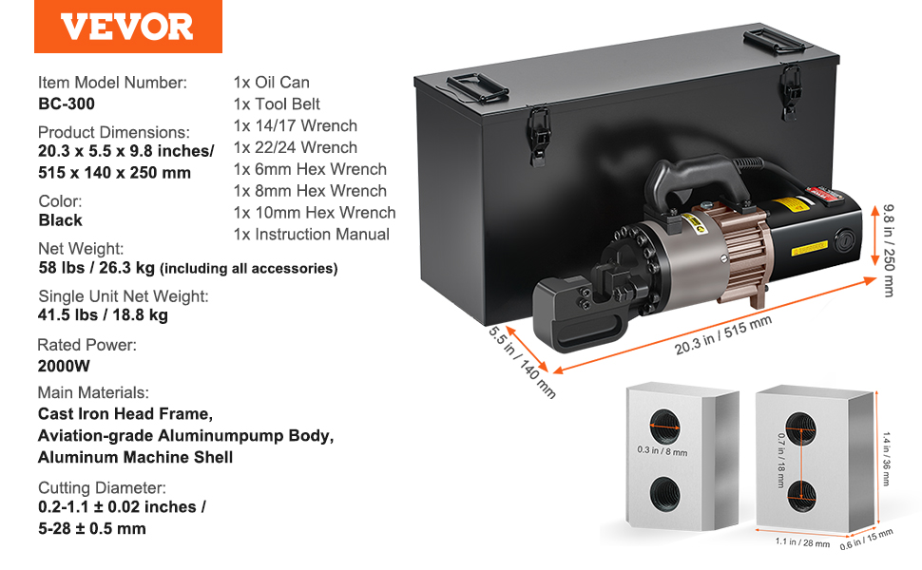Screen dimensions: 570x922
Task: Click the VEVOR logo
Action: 127,26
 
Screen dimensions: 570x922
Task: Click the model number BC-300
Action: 67,104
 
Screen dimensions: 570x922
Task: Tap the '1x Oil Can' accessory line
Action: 271,83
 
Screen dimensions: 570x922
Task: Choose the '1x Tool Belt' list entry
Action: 277,104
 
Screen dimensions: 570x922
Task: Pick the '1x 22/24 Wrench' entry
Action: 295,147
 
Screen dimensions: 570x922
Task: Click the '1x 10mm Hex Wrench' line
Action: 314,213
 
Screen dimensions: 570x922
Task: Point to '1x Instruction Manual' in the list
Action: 311,235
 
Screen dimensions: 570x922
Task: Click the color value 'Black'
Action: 60,220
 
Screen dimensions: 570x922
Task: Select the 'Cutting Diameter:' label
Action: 102,488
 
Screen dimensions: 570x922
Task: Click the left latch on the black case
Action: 539,128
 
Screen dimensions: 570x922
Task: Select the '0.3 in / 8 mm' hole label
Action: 663,451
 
